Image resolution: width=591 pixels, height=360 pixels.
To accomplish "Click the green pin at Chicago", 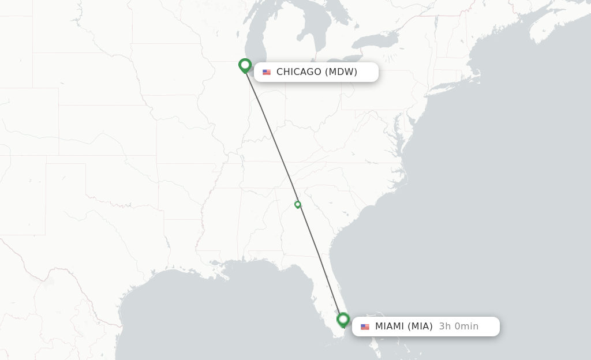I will point(245,65).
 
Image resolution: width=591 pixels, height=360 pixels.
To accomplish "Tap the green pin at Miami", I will point(343,319).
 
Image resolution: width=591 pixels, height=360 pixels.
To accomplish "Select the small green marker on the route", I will point(298,204).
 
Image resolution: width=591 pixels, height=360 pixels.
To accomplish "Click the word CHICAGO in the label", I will point(298,72).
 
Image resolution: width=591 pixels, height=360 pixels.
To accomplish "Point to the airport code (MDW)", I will point(341,72).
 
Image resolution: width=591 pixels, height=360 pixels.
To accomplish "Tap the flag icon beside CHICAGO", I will point(267,72).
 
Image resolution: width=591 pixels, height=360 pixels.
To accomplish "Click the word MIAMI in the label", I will point(390,327).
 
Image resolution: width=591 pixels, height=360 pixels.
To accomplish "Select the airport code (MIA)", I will point(420,327).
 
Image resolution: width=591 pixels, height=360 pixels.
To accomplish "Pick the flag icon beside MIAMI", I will point(365,327).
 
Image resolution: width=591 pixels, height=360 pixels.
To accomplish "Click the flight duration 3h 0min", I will point(458,327).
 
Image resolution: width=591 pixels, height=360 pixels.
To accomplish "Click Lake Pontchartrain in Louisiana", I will point(216,262).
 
